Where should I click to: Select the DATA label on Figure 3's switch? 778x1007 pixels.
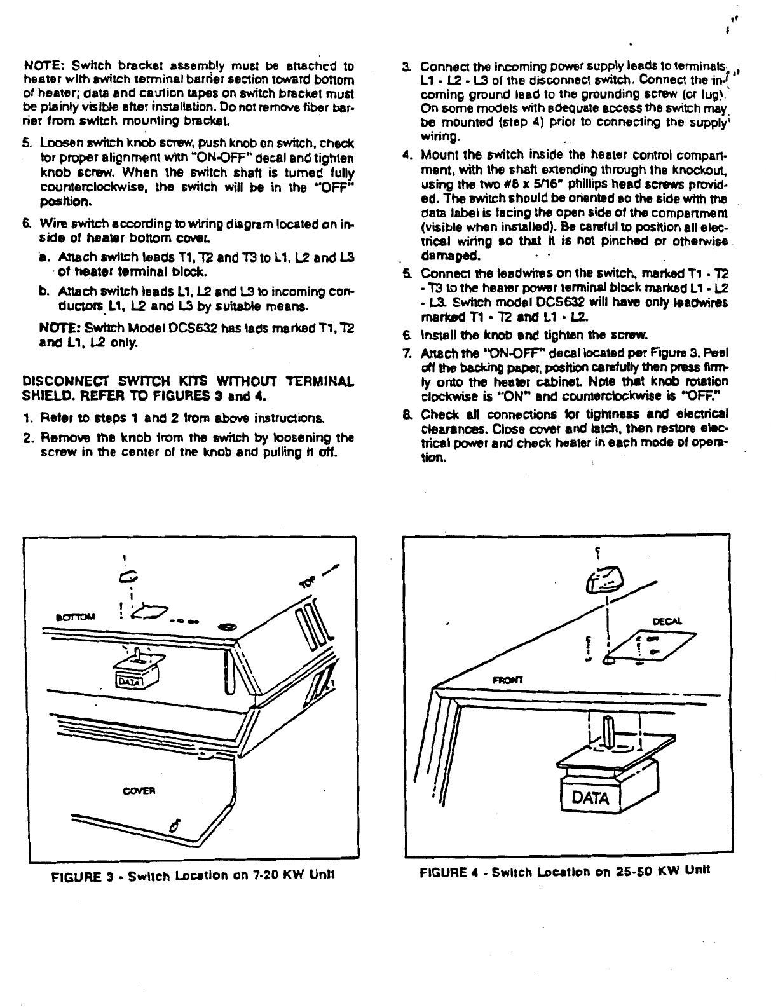[125, 682]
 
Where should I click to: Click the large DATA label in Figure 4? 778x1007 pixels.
[590, 797]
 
